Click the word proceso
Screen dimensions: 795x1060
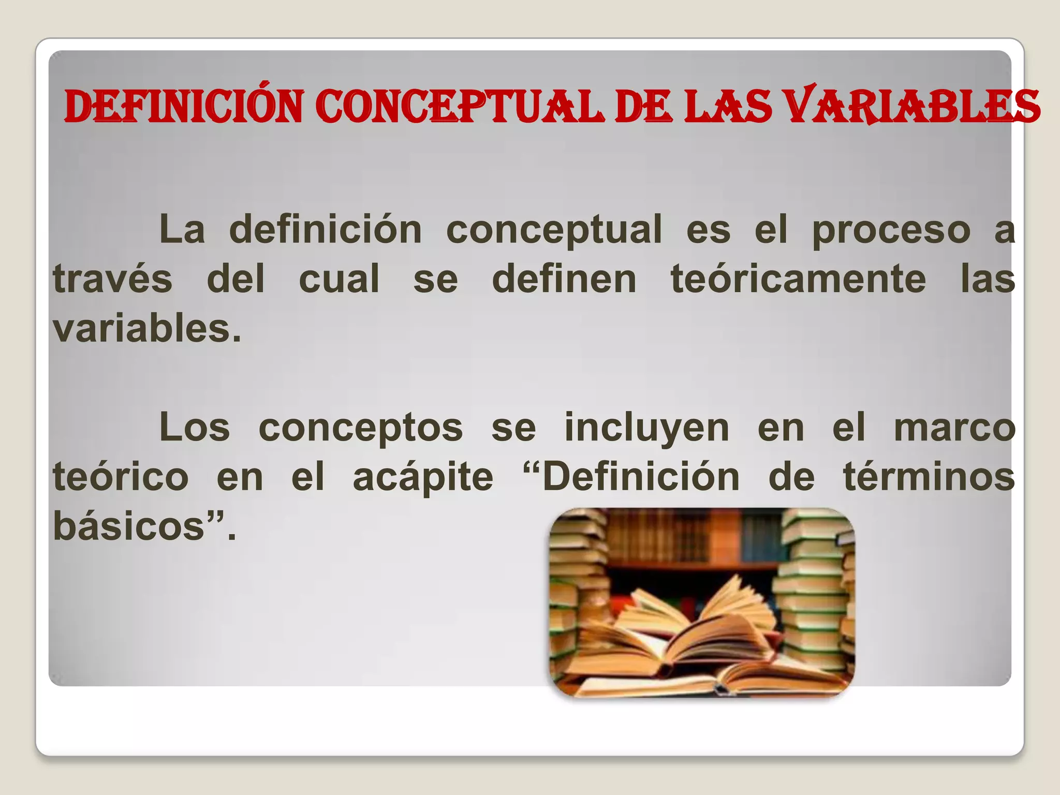click(891, 230)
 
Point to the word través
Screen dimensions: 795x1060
click(112, 279)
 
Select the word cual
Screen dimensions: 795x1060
click(339, 279)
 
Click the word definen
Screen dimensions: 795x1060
click(564, 279)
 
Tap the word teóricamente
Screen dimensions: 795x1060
click(798, 279)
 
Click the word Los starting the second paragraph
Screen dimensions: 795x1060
click(194, 428)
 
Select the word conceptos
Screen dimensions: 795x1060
click(360, 429)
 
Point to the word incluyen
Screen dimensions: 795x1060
click(646, 429)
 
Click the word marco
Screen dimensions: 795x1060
click(954, 428)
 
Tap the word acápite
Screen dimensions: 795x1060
click(423, 478)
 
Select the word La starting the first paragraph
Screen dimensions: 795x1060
click(182, 229)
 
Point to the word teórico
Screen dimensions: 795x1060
click(121, 477)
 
